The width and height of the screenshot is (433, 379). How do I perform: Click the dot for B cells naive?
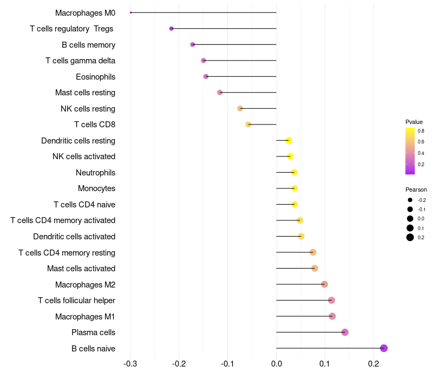click(384, 348)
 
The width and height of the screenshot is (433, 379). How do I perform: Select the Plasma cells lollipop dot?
click(345, 332)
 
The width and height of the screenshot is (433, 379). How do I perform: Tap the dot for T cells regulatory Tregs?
click(172, 29)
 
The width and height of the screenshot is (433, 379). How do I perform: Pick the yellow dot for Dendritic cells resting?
click(288, 141)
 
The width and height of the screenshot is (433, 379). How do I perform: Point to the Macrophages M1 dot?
click(332, 316)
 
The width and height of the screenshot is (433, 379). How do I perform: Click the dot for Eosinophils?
click(206, 76)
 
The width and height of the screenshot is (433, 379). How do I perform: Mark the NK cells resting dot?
click(240, 108)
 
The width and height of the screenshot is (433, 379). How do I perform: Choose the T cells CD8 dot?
click(248, 125)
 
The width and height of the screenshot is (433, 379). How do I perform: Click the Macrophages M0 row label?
click(85, 12)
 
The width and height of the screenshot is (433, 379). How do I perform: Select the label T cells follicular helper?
click(76, 300)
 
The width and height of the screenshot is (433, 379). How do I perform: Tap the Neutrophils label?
click(95, 173)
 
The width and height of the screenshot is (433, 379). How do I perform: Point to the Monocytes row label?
click(96, 188)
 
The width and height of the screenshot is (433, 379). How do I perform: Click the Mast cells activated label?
click(81, 269)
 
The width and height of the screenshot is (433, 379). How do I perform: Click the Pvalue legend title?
click(414, 122)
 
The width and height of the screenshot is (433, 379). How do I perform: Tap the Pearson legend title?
click(416, 190)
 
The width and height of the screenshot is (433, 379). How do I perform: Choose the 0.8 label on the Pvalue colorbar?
click(421, 130)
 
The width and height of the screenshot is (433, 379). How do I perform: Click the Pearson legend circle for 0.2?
click(410, 237)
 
